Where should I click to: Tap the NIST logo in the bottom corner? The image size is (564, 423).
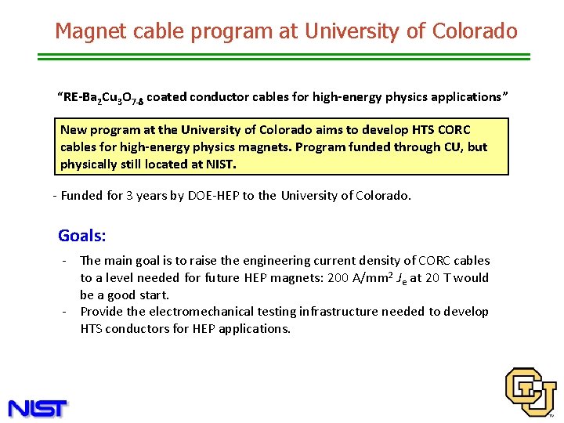pyautogui.click(x=38, y=407)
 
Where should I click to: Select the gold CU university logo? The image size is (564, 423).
pyautogui.click(x=530, y=391)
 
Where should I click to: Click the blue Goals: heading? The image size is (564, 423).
pyautogui.click(x=82, y=236)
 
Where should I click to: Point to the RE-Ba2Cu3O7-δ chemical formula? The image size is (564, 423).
pyautogui.click(x=103, y=97)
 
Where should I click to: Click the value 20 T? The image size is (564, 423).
pyautogui.click(x=440, y=277)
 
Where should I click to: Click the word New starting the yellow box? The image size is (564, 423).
pyautogui.click(x=74, y=130)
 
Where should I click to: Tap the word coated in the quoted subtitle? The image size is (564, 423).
pyautogui.click(x=166, y=97)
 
